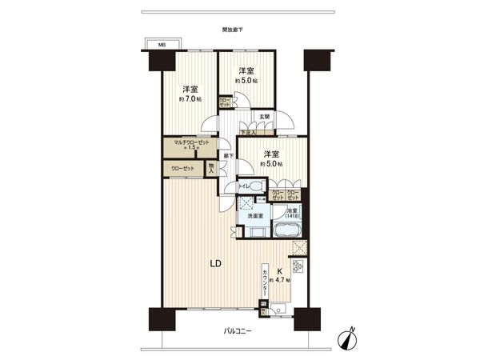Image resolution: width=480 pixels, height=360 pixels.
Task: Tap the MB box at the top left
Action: pyautogui.click(x=161, y=45)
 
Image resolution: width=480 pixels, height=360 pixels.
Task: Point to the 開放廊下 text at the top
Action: pyautogui.click(x=233, y=30)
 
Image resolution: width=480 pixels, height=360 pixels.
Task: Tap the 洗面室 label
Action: pyautogui.click(x=252, y=215)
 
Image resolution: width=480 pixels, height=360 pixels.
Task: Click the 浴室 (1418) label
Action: pyautogui.click(x=290, y=214)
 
